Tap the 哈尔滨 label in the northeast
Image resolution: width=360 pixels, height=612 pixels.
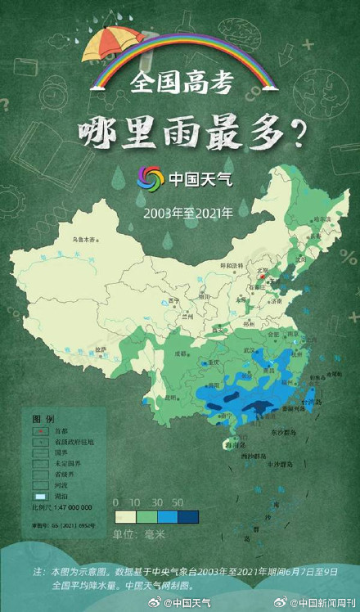322,219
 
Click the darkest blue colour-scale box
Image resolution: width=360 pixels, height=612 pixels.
187,516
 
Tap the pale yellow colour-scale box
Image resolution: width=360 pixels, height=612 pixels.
125,516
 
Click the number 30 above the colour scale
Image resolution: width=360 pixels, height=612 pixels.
156,502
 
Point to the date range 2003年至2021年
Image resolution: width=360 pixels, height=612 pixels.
187,211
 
